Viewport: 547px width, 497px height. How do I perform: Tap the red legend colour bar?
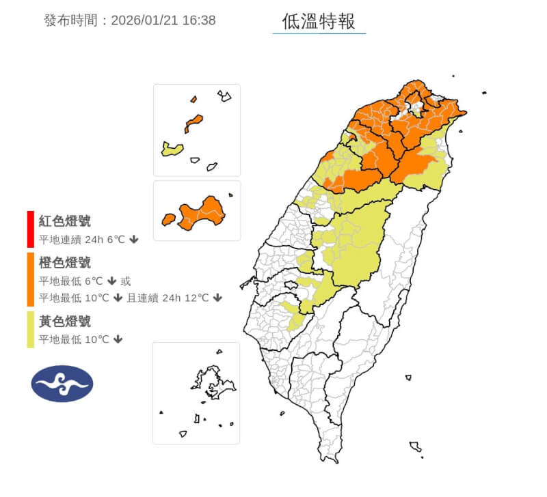[30, 229]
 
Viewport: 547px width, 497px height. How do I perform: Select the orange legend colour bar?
[30, 280]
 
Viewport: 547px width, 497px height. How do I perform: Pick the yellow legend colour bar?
[30, 330]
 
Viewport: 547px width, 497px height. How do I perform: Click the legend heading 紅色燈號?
[65, 221]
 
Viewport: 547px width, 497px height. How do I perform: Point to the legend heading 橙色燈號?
[65, 263]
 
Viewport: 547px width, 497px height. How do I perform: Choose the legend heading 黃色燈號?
[65, 322]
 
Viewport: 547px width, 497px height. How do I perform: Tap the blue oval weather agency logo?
[62, 384]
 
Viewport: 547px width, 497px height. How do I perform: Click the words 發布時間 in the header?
[71, 20]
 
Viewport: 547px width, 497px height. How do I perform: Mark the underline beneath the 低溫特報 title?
[319, 33]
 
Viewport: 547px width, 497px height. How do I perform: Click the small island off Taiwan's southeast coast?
[408, 378]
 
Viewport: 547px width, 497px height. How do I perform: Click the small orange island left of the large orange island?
[168, 219]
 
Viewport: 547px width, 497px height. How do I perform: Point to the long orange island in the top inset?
[194, 124]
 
